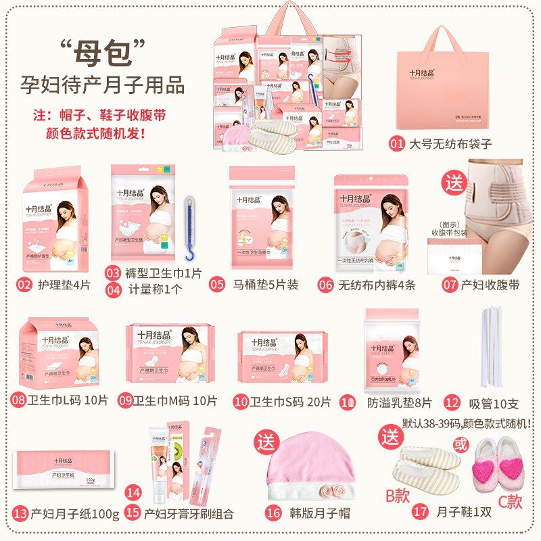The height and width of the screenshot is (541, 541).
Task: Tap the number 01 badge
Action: [x=396, y=143]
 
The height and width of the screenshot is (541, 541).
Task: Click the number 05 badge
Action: [x=216, y=285]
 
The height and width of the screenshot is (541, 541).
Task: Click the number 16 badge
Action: [x=273, y=513]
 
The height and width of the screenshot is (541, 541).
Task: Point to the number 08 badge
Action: [x=18, y=400]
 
